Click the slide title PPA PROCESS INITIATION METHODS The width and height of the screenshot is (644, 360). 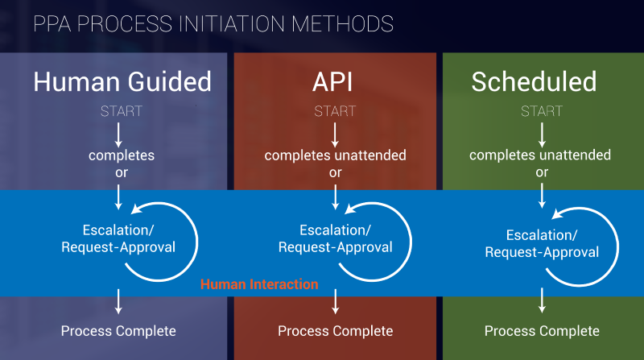213,23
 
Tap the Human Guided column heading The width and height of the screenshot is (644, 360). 122,81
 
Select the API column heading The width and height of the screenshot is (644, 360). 332,81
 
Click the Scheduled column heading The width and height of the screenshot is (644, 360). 534,81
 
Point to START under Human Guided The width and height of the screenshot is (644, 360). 122,111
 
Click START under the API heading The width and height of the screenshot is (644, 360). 335,111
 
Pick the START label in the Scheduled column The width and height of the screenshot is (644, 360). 542,111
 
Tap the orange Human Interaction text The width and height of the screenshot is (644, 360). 259,284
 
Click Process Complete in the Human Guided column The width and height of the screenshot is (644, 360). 118,331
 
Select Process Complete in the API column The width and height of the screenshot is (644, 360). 335,331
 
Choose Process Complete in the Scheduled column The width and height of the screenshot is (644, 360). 542,331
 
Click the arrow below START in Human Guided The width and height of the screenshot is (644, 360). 118,135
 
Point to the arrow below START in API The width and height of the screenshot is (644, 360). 335,135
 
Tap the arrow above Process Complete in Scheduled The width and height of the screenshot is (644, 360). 542,300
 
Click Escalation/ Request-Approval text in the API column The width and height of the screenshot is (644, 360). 335,238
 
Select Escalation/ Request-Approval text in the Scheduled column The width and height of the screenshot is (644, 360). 542,243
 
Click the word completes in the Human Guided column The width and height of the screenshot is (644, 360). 122,155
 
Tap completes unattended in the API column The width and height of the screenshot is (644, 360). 335,155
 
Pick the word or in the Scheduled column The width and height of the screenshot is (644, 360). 542,172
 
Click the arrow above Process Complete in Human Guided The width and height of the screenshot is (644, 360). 118,301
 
